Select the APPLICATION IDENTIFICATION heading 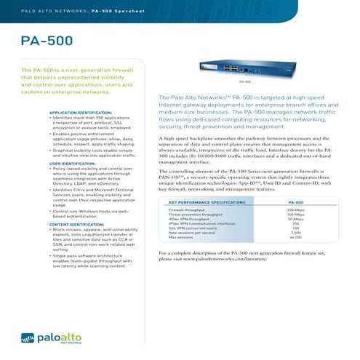(79, 113)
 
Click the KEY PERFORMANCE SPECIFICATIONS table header (207, 201)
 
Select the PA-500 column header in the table (295, 201)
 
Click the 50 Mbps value (295, 219)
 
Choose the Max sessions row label (180, 237)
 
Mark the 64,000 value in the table (295, 237)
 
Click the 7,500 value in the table (295, 233)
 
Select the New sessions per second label (192, 233)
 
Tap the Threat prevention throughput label (196, 214)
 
